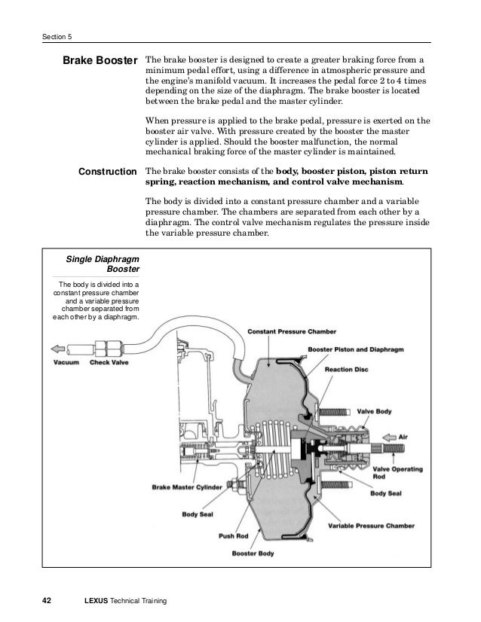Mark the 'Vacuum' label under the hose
pyautogui.click(x=66, y=361)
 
